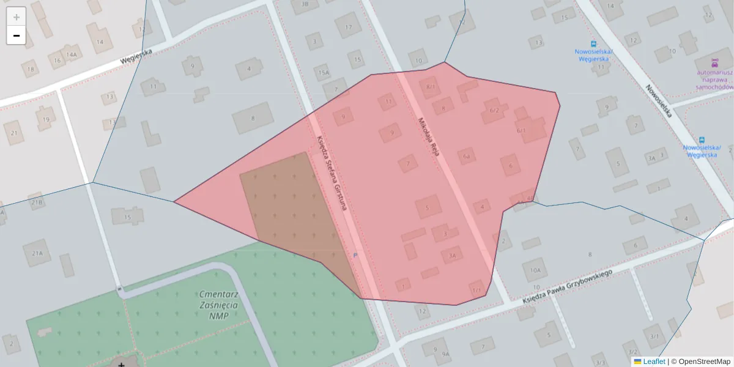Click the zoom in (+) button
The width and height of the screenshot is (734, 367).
[17, 17]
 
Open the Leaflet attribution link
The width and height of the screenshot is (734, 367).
[653, 361]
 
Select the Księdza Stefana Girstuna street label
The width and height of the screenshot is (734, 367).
[332, 173]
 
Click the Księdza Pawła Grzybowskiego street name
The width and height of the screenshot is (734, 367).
[567, 287]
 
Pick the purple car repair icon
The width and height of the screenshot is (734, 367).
[714, 63]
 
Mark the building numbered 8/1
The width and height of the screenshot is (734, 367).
[431, 87]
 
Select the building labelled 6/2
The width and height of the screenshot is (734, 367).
[494, 110]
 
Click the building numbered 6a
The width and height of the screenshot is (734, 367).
[467, 157]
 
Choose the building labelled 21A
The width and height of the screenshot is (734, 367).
[38, 253]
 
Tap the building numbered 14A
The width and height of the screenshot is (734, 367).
[72, 55]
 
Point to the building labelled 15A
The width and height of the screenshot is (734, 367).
[323, 73]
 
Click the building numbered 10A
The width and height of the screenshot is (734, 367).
[535, 269]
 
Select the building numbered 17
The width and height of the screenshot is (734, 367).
[349, 28]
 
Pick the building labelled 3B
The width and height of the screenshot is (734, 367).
[305, 4]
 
